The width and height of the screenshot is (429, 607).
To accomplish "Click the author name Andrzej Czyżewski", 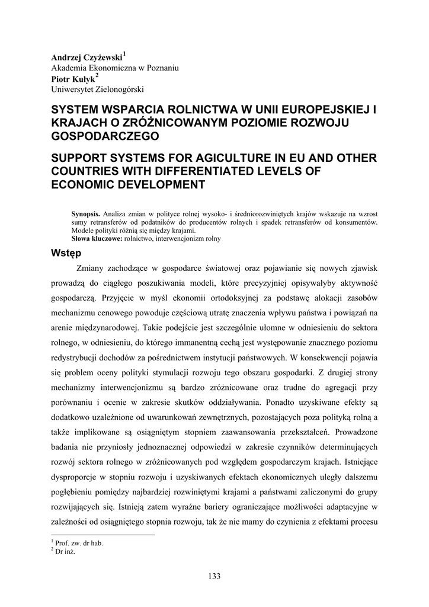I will (x=87, y=57).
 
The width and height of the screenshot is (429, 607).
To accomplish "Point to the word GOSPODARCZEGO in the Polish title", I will (x=105, y=136).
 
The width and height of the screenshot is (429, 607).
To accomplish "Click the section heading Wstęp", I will (x=65, y=254).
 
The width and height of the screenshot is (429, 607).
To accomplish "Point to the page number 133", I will (x=214, y=576).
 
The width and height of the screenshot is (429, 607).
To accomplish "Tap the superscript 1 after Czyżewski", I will (x=124, y=54).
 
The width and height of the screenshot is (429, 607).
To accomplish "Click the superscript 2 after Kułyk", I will (x=97, y=75).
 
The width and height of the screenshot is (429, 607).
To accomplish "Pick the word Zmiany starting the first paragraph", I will (x=91, y=269).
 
